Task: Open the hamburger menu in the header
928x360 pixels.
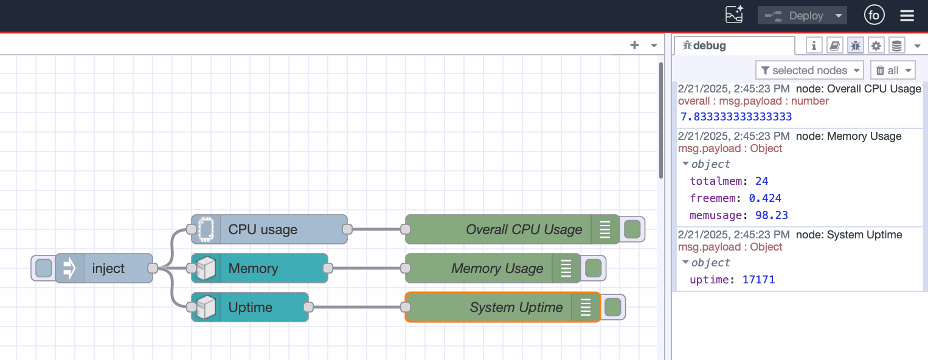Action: (907, 16)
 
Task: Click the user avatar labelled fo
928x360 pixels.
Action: (874, 16)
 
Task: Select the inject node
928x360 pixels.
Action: (108, 268)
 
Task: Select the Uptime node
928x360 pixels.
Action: (250, 307)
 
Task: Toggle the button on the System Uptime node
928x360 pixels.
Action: (612, 307)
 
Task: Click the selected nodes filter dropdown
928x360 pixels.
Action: (809, 71)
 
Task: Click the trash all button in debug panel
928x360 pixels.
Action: (892, 71)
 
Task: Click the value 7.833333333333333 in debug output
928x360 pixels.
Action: (736, 117)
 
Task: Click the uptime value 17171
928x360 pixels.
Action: (758, 280)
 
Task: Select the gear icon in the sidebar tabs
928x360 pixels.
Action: (876, 45)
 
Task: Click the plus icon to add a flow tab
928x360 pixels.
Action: (634, 45)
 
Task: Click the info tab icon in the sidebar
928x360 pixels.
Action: (814, 45)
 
